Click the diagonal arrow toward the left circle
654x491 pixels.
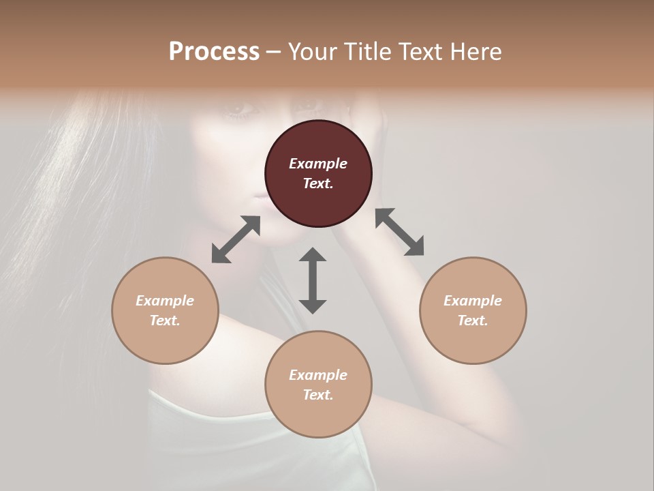click(x=236, y=239)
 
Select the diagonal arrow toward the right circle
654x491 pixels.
click(x=399, y=232)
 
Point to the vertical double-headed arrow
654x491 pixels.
click(x=313, y=280)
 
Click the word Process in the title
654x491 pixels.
click(x=214, y=51)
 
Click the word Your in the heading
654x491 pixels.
click(x=312, y=51)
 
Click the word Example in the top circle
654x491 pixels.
click(x=318, y=164)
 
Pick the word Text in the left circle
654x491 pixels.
click(x=165, y=321)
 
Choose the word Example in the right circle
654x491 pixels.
click(x=473, y=301)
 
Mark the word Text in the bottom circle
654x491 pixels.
click(x=318, y=395)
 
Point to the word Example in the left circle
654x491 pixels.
click(x=165, y=301)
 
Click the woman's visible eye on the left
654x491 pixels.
click(x=239, y=108)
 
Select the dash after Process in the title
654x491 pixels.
click(x=274, y=52)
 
